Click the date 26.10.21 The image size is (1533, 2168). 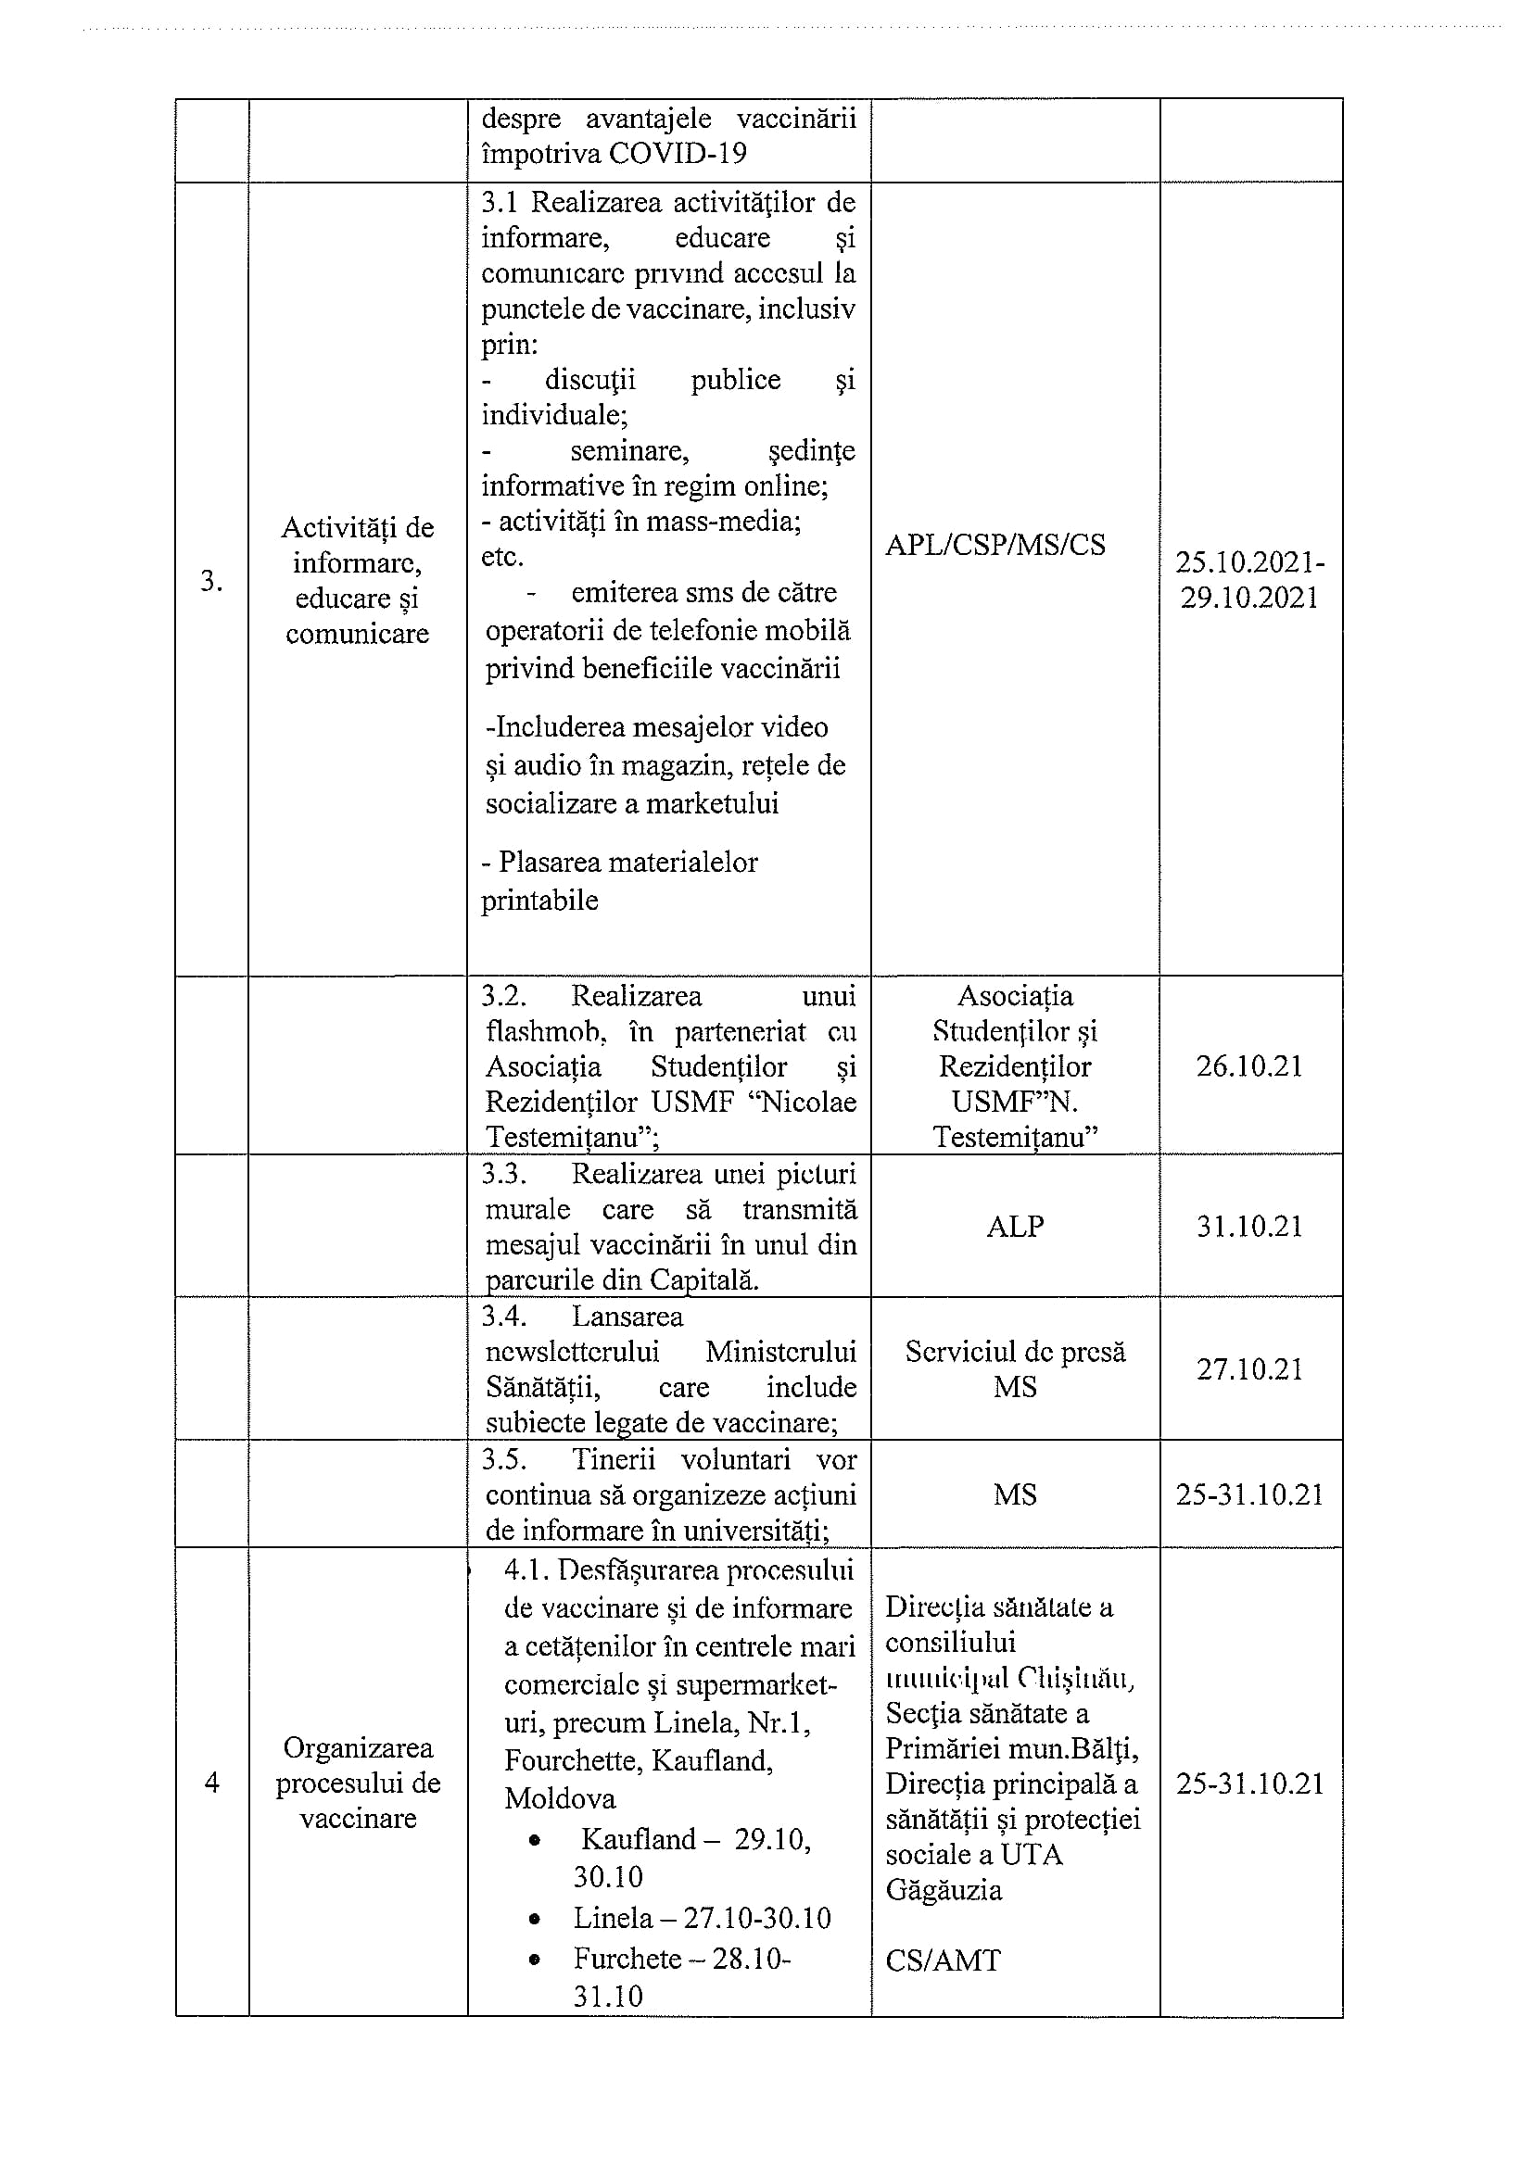(1248, 1067)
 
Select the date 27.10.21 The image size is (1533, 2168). (1248, 1370)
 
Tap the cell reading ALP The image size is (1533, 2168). (1015, 1227)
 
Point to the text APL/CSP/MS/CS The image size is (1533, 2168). (995, 545)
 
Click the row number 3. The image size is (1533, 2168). (211, 581)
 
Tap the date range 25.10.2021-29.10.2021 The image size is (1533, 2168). (1248, 580)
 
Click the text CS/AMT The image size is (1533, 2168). (942, 1961)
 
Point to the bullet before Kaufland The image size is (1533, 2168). (537, 1840)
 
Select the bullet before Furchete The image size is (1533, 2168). (537, 1960)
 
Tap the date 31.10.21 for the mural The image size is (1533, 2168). (1248, 1227)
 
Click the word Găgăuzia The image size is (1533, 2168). (943, 1890)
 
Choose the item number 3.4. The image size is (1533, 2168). (503, 1317)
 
